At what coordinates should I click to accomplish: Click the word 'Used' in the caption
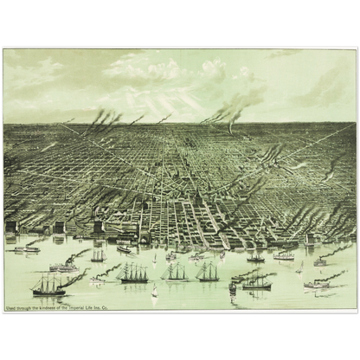point(10,306)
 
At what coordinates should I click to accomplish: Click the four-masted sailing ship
point(134,274)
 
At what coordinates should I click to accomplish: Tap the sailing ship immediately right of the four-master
point(176,273)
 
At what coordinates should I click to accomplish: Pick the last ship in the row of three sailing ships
point(208,273)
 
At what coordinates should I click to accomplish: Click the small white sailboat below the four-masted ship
point(155,293)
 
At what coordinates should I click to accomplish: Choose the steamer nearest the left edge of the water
point(26,249)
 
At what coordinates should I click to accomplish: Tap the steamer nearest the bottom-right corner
point(317,284)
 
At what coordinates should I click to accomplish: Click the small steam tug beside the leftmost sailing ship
point(74,280)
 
